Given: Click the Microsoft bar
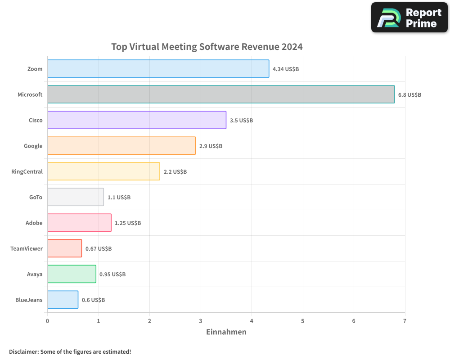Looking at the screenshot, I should coord(220,94).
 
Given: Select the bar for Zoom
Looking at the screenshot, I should coord(158,69).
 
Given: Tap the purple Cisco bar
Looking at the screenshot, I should coord(136,120).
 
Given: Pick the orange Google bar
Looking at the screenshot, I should coord(121,146).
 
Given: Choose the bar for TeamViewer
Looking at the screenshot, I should coord(64,248).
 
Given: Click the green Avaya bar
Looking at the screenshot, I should coord(72,274).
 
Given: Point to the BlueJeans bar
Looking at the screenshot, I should coord(63,300).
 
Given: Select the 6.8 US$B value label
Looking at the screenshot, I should coord(409,95).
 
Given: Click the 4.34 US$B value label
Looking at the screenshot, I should coord(286,69).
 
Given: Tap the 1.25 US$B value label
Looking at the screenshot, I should coord(128,223).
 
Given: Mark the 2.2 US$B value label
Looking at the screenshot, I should coord(175,172).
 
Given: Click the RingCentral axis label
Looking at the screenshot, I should coord(27,171).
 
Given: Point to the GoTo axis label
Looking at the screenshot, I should coord(36,197).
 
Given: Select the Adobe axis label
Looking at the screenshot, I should coord(34,223).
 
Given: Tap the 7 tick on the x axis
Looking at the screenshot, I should coord(405,321).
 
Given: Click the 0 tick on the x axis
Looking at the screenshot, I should coord(47,321).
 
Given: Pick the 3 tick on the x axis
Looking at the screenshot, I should coord(201,321).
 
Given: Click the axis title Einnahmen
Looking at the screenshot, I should coord(226,332).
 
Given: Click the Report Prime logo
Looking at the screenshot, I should coord(409,18).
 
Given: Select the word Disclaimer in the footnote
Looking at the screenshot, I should coord(23,351).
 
